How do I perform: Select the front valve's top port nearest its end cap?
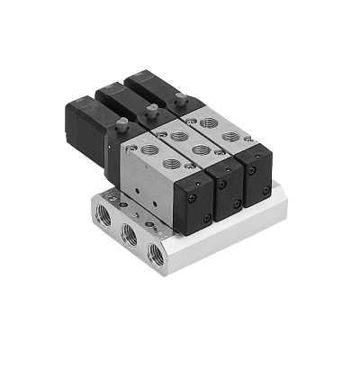coord(170,163)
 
